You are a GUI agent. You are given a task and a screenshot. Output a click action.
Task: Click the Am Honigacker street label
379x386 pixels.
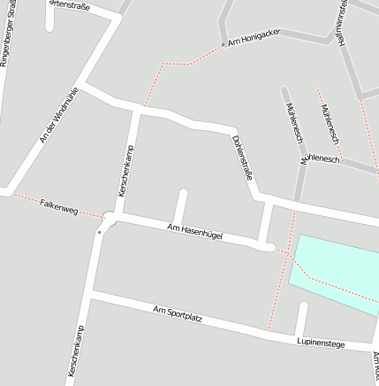pos(254,36)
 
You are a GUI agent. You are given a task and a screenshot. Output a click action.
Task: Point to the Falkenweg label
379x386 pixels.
pos(59,207)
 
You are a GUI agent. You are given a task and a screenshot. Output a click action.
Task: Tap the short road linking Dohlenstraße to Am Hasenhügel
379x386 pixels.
pos(266,223)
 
